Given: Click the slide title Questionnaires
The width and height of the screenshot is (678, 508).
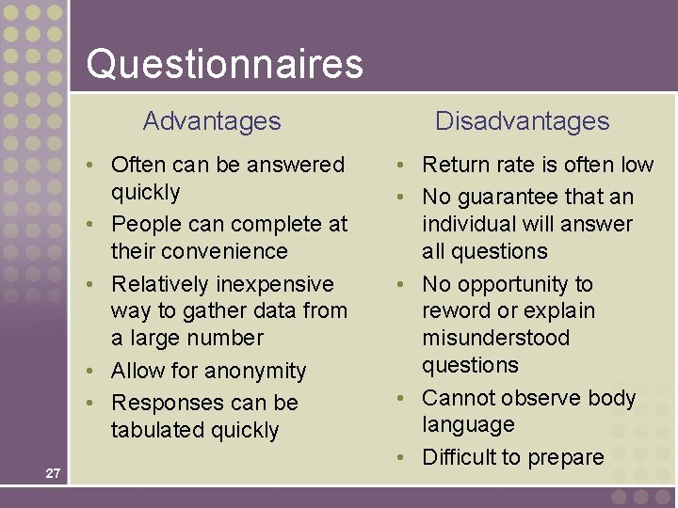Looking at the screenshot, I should click(224, 64).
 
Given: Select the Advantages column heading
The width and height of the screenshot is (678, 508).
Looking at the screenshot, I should click(212, 121).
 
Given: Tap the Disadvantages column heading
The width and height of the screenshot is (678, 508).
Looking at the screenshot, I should click(522, 121).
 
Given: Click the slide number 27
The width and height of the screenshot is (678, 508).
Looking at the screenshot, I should click(53, 473).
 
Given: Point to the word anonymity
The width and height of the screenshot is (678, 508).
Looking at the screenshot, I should click(260, 371).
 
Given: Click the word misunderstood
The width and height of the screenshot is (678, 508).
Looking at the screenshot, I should click(495, 338).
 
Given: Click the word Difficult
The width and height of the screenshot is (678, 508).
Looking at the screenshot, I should click(459, 457).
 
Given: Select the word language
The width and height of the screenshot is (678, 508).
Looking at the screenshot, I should click(468, 425).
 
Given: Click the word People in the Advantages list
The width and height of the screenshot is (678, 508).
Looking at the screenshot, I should click(141, 224).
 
